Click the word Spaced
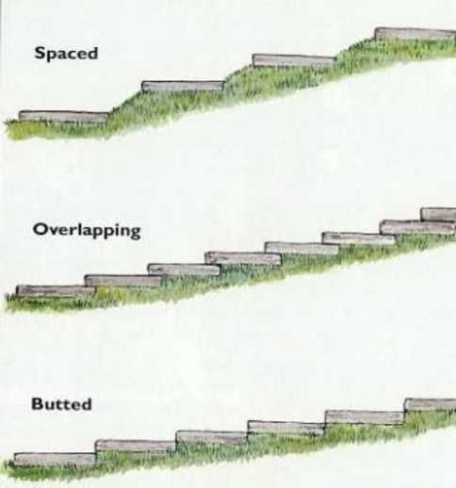click(x=66, y=54)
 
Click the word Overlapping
click(x=87, y=230)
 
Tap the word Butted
click(x=61, y=404)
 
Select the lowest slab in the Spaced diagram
click(x=64, y=117)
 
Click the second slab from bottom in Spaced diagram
click(x=183, y=87)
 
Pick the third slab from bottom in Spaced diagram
click(x=294, y=60)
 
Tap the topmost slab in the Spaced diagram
click(x=415, y=34)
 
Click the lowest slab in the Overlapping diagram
click(x=56, y=291)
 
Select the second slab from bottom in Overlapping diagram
click(x=123, y=281)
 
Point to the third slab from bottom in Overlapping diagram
click(x=185, y=269)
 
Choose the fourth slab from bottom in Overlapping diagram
click(x=243, y=258)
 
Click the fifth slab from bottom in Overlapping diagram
click(x=301, y=248)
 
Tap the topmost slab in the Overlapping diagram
click(x=438, y=215)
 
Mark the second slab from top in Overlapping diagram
click(x=417, y=227)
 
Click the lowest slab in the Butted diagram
click(x=55, y=460)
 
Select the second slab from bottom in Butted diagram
click(x=136, y=447)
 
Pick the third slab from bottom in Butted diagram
click(x=212, y=437)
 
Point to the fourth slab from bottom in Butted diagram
click(x=286, y=428)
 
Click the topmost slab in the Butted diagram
click(x=430, y=405)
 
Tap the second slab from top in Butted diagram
click(x=365, y=417)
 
